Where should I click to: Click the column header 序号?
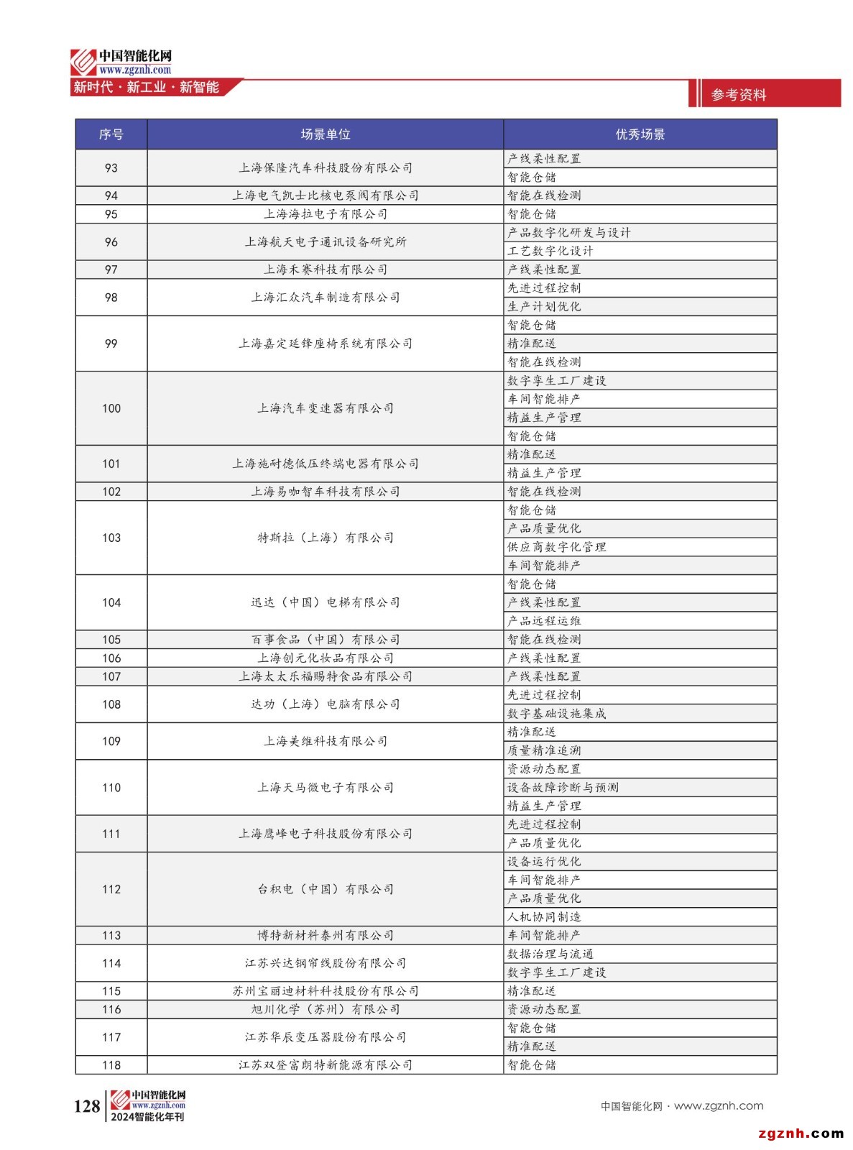(111, 134)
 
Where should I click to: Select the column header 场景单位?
(325, 134)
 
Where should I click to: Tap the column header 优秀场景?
(640, 134)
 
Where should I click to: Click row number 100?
(111, 408)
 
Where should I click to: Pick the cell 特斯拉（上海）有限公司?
(325, 538)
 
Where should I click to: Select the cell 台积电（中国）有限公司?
(325, 889)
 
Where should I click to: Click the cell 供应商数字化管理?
(556, 547)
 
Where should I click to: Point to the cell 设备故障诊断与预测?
(563, 788)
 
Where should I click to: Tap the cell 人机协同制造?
(544, 917)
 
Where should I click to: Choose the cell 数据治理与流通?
(550, 954)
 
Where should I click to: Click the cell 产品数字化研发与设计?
(568, 233)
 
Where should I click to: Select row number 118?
(111, 1065)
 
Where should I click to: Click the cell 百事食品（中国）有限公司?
(325, 640)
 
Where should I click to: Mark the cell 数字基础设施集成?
(556, 714)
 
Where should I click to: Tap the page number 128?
(87, 1106)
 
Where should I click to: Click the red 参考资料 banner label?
(739, 95)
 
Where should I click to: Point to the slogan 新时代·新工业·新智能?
(146, 88)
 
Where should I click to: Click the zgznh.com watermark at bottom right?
(801, 1134)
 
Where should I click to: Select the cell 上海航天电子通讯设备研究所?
(325, 242)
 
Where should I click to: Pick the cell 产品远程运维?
(544, 621)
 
